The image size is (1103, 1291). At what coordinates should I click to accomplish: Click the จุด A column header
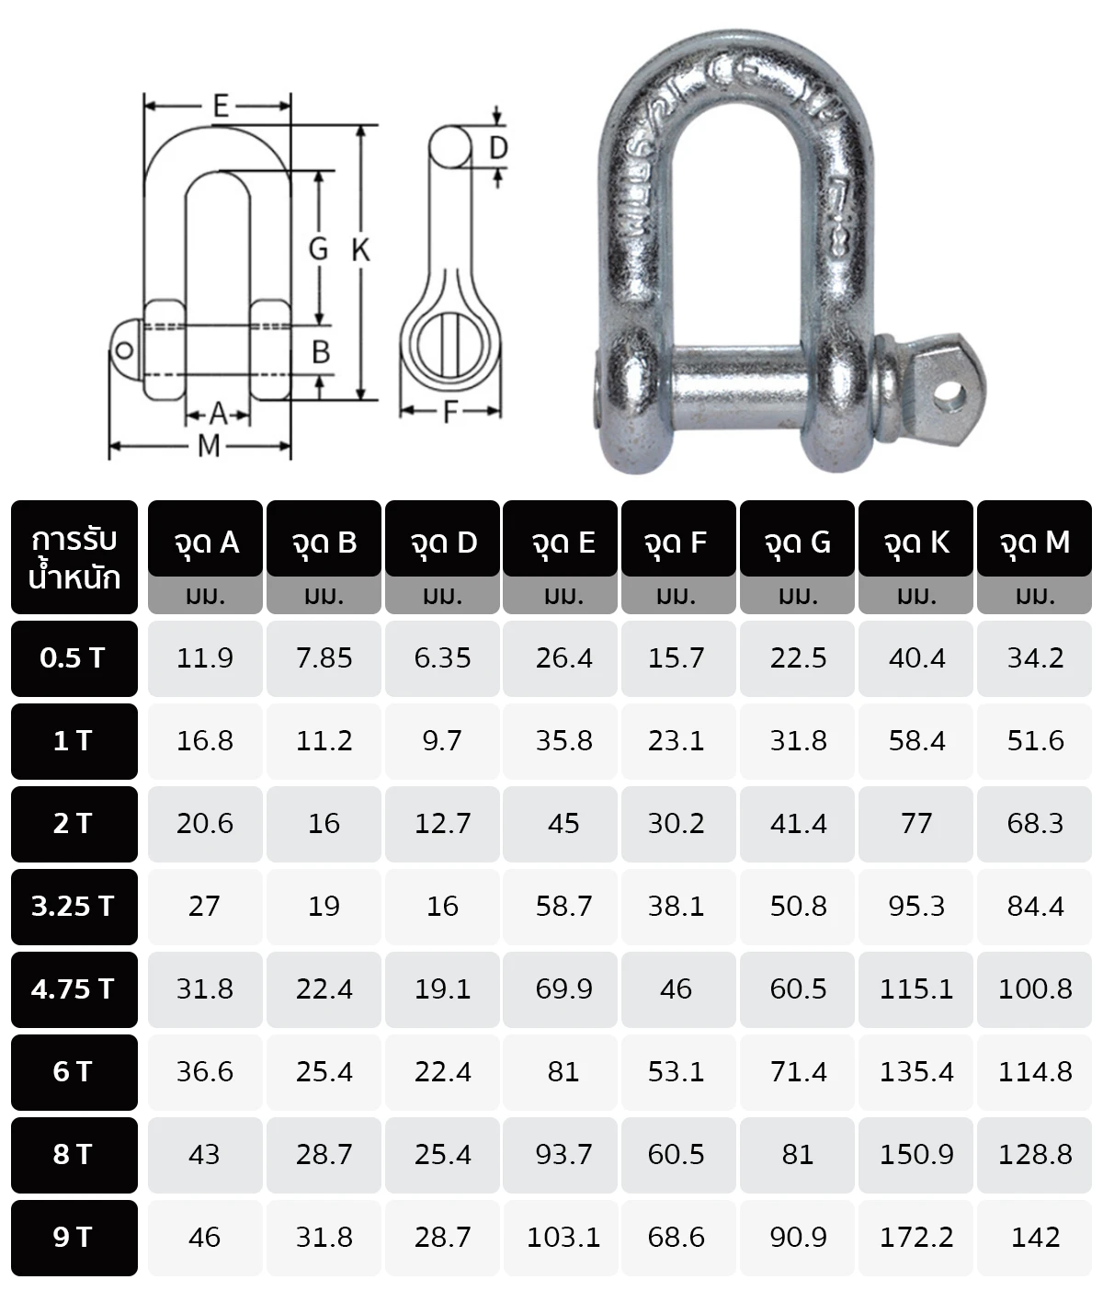(x=205, y=542)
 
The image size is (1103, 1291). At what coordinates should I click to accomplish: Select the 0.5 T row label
(x=74, y=658)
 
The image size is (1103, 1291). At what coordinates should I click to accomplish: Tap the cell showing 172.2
(x=915, y=1238)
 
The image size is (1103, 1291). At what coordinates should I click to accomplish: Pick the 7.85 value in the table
(x=324, y=658)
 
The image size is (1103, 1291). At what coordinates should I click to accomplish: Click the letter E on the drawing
(x=221, y=106)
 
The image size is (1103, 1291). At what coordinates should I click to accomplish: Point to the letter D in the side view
(x=498, y=148)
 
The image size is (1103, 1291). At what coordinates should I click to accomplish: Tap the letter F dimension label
(x=450, y=413)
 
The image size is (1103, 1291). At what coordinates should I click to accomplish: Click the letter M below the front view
(x=209, y=447)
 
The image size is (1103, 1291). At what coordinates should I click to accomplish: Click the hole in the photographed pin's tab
(x=948, y=394)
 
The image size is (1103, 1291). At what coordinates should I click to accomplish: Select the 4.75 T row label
(x=74, y=989)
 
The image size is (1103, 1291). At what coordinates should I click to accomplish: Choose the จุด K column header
(x=915, y=542)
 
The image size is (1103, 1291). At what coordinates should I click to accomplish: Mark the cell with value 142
(x=1035, y=1238)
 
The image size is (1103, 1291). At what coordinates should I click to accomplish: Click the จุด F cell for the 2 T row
(x=676, y=824)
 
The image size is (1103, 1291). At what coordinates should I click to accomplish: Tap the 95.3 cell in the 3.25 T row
(x=915, y=907)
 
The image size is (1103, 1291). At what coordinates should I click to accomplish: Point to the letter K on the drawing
(x=360, y=250)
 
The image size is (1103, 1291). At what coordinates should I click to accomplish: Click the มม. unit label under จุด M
(x=1035, y=596)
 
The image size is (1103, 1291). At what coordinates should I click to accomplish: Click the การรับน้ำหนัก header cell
(x=74, y=557)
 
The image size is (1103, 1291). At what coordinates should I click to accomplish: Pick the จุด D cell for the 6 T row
(x=442, y=1072)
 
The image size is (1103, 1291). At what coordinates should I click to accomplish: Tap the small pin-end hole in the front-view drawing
(x=123, y=349)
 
